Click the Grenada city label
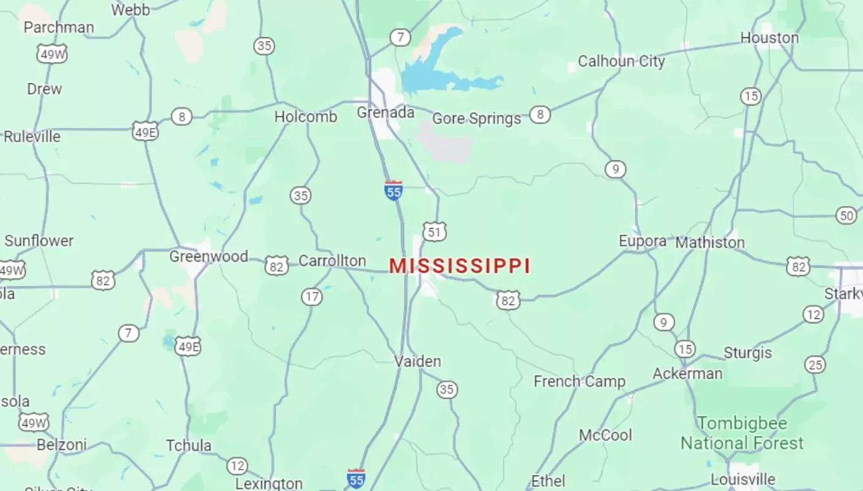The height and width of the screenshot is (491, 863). click(385, 113)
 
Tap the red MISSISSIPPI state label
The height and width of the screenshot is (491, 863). click(460, 267)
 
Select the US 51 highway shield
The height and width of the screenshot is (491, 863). click(434, 232)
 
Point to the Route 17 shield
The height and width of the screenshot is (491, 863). click(312, 297)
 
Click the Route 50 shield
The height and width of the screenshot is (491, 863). click(846, 215)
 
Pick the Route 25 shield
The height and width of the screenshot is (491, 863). click(815, 365)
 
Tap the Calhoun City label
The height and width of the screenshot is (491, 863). click(621, 62)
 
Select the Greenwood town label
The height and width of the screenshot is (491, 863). click(209, 257)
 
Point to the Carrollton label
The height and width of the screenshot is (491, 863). click(332, 261)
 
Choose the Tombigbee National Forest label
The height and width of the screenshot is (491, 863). click(742, 433)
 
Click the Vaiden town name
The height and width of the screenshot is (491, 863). click(417, 362)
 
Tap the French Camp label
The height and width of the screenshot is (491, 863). click(579, 382)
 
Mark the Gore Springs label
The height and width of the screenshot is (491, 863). click(476, 118)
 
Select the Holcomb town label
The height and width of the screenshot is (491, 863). click(306, 117)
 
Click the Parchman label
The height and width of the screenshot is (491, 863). click(59, 27)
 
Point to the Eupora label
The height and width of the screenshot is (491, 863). click(642, 241)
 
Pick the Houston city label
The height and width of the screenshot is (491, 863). click(769, 38)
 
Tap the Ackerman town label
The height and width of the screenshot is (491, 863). click(687, 373)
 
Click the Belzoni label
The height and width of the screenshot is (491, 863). click(62, 445)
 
